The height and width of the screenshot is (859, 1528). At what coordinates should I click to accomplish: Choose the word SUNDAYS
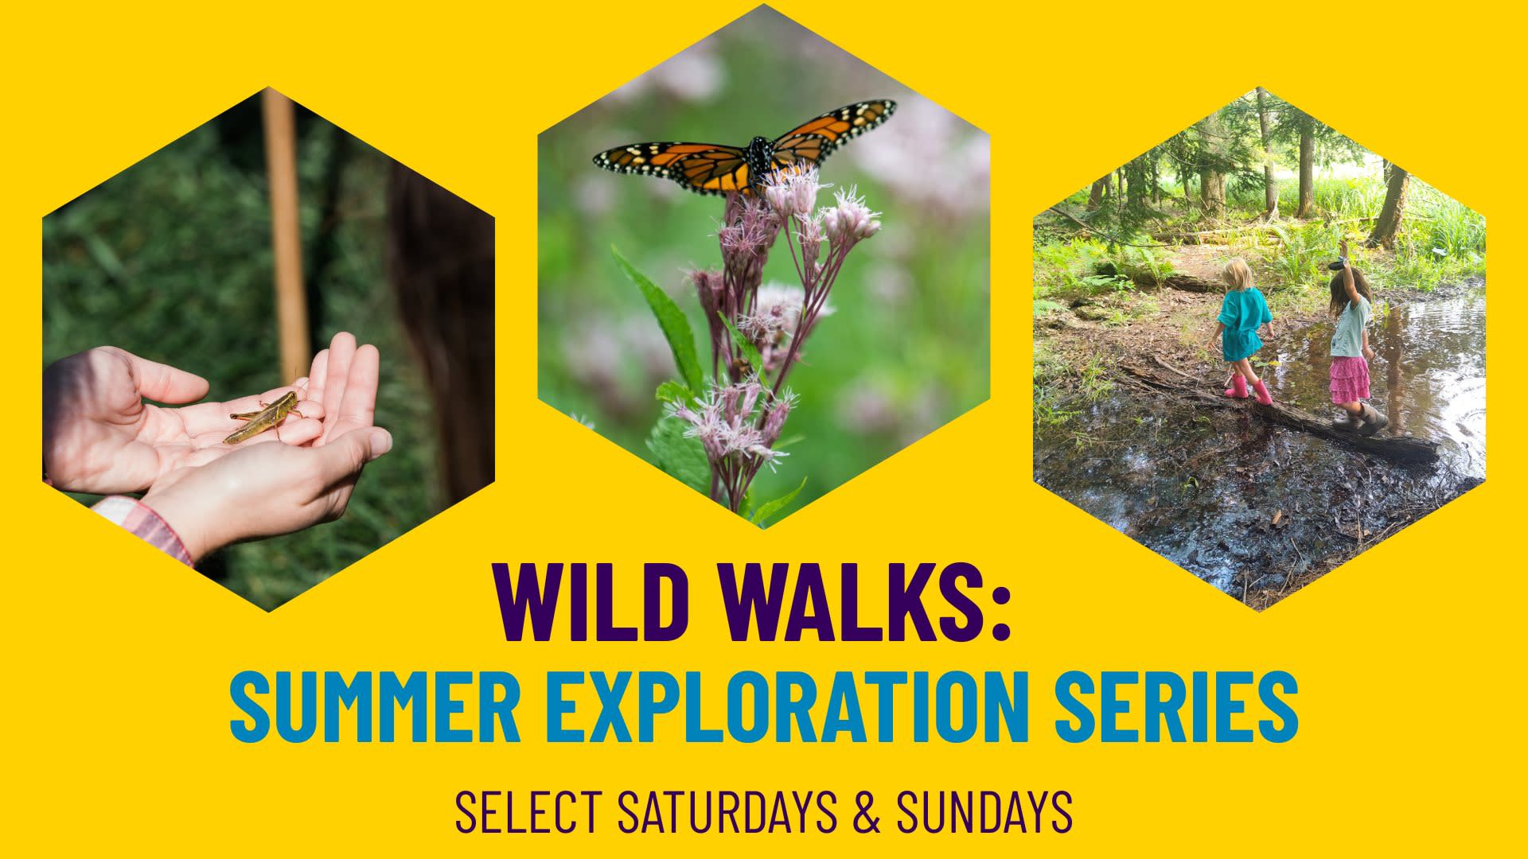pos(984,811)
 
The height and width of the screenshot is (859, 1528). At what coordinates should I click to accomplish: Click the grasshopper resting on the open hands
pos(263,415)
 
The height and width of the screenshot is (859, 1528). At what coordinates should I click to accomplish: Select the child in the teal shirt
pos(1239,329)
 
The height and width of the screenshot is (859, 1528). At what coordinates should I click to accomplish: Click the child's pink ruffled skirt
pos(1351,379)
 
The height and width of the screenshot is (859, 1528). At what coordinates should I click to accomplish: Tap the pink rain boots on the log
pos(1249,389)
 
